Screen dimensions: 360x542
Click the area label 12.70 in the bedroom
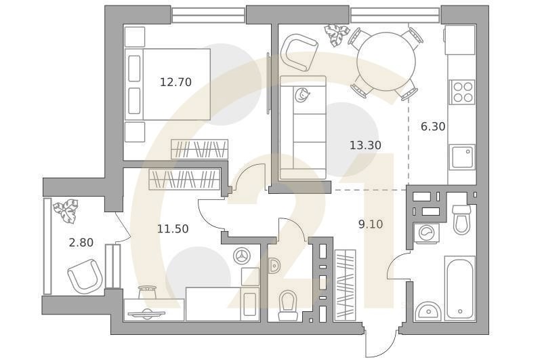(x=175, y=82)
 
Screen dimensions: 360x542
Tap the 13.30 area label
(x=365, y=145)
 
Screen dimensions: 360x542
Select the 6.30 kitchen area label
(x=433, y=126)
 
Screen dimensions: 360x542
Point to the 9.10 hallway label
(x=371, y=224)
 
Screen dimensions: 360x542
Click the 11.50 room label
(x=173, y=229)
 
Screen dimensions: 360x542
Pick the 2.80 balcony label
(x=81, y=242)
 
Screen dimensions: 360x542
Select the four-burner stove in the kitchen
(x=462, y=92)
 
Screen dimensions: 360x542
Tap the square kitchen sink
(x=462, y=157)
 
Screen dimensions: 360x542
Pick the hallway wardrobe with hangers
(x=345, y=285)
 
